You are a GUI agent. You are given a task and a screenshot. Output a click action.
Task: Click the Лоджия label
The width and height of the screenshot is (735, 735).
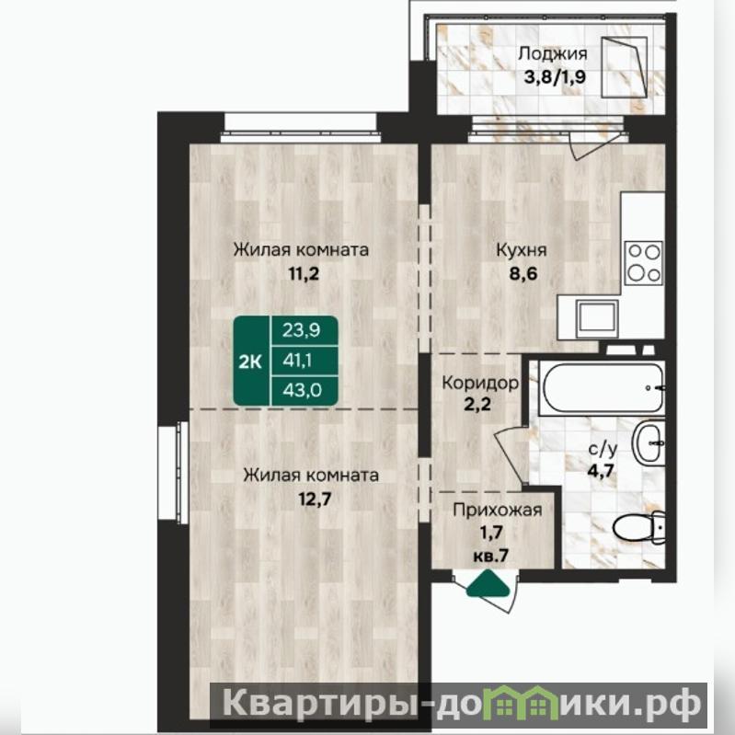click(552, 54)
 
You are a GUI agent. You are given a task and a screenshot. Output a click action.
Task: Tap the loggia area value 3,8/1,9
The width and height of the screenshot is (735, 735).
click(555, 77)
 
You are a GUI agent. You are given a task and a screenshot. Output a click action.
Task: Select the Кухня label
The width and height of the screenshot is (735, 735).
click(522, 250)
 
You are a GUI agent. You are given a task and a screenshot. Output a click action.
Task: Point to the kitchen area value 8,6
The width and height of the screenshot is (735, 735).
click(523, 273)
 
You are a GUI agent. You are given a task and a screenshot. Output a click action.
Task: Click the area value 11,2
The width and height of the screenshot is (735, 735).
click(304, 273)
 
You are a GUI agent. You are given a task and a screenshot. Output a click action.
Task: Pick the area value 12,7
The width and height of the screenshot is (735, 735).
click(316, 499)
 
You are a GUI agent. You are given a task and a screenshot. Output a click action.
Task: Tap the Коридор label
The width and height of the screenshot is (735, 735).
click(480, 384)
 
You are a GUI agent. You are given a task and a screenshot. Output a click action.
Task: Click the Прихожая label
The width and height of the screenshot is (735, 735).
click(498, 510)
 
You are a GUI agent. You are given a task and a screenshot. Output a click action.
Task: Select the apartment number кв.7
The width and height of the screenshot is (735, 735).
click(491, 556)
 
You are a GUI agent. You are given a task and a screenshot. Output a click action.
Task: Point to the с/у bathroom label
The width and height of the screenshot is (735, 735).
click(603, 449)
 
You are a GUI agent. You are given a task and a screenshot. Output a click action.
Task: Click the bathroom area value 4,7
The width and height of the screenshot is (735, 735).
click(601, 470)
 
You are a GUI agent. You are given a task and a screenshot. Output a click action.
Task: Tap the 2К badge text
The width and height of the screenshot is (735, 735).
click(250, 362)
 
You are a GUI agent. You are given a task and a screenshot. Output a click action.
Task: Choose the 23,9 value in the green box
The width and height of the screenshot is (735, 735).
click(302, 330)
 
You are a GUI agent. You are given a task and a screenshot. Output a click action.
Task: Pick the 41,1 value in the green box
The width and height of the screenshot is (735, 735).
click(298, 361)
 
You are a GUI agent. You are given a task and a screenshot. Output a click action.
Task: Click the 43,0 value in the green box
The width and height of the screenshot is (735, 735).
click(303, 390)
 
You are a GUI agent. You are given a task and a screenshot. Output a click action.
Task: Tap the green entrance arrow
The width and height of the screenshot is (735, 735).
click(488, 583)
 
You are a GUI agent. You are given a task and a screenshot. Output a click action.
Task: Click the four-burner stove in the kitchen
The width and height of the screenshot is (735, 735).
click(644, 262)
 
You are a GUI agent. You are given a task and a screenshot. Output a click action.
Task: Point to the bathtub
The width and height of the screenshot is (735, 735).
click(602, 387)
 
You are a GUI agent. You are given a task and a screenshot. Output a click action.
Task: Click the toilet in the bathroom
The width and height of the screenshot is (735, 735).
click(638, 527)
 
